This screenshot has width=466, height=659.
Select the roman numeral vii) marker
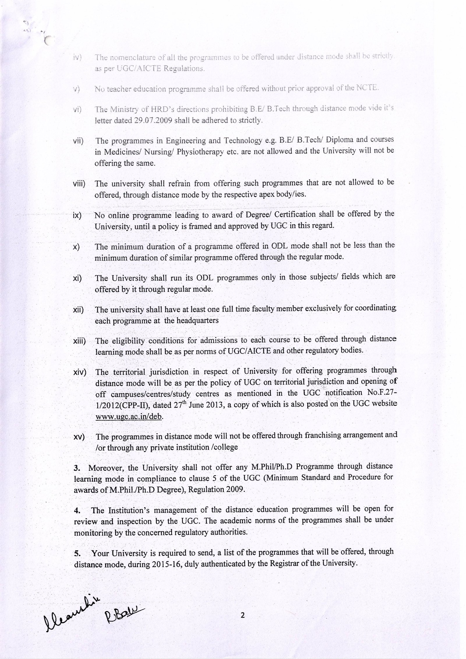point(78,141)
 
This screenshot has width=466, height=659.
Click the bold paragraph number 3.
point(77,468)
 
